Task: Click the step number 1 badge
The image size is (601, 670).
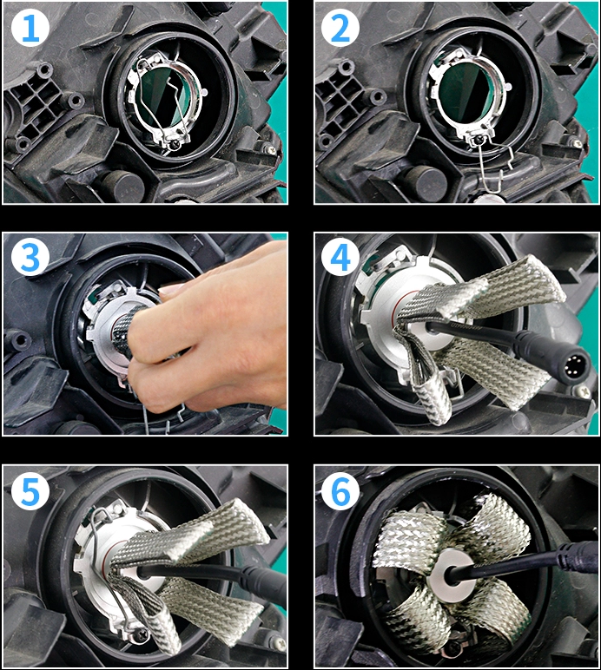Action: (30, 29)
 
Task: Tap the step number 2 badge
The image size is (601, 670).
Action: (340, 29)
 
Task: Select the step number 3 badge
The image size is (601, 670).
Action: (30, 257)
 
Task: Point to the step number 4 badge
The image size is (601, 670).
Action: (340, 257)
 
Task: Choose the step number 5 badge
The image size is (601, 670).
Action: (30, 491)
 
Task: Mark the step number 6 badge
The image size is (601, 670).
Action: (340, 491)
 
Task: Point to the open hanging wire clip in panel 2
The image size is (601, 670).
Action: (496, 171)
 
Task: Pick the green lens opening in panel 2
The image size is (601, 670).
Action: (465, 95)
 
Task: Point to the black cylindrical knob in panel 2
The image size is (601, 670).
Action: (425, 181)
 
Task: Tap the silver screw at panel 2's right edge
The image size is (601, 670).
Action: (578, 143)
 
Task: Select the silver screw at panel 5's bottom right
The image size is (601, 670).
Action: (279, 644)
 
